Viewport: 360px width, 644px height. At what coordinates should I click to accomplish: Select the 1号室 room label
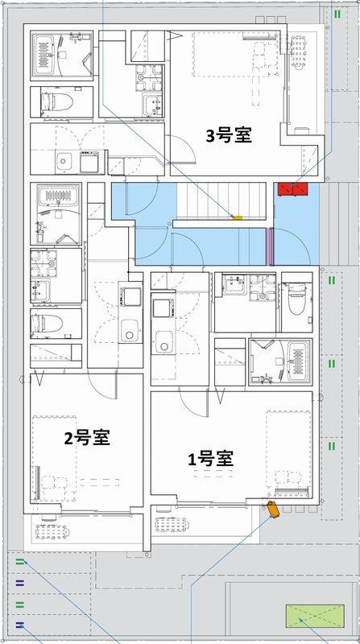[209, 460]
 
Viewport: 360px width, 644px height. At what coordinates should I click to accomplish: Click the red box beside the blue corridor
[294, 189]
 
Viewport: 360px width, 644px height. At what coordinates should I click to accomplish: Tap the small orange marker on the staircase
[237, 217]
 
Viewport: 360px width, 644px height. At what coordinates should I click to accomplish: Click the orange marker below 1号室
[272, 509]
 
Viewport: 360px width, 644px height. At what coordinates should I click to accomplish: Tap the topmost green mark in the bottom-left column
[19, 561]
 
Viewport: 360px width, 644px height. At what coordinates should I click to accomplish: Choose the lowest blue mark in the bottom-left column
[19, 625]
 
